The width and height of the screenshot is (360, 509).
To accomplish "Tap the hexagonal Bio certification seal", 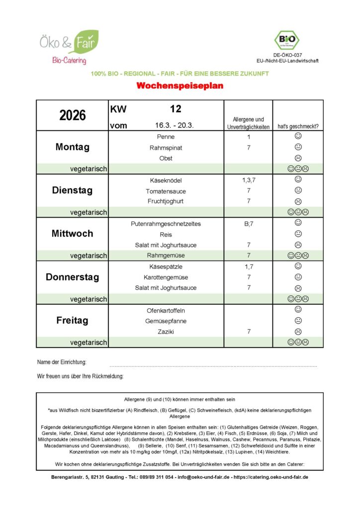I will (x=287, y=40).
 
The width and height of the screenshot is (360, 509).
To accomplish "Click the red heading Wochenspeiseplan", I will (x=180, y=86).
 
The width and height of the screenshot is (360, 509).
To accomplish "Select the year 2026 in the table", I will (x=73, y=115).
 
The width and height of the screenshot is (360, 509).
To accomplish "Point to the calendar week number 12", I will (x=176, y=109).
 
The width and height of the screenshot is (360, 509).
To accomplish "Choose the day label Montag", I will (x=72, y=147).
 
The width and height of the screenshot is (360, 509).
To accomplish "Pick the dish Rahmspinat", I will (x=166, y=148).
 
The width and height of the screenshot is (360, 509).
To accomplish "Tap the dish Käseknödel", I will (x=166, y=180).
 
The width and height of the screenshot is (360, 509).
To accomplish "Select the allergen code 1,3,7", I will (x=248, y=180).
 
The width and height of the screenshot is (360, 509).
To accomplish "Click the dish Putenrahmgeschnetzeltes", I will (x=166, y=224).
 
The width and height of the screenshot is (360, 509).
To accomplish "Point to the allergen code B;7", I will (x=248, y=224).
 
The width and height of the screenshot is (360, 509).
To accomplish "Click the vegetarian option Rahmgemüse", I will (x=166, y=255).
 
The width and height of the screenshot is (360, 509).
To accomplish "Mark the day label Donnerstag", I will (x=72, y=277).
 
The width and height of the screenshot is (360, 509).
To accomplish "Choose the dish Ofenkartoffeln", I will (x=166, y=311).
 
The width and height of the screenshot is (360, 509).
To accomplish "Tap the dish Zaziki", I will (x=166, y=332).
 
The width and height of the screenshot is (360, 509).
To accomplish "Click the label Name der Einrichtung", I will (x=62, y=362).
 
